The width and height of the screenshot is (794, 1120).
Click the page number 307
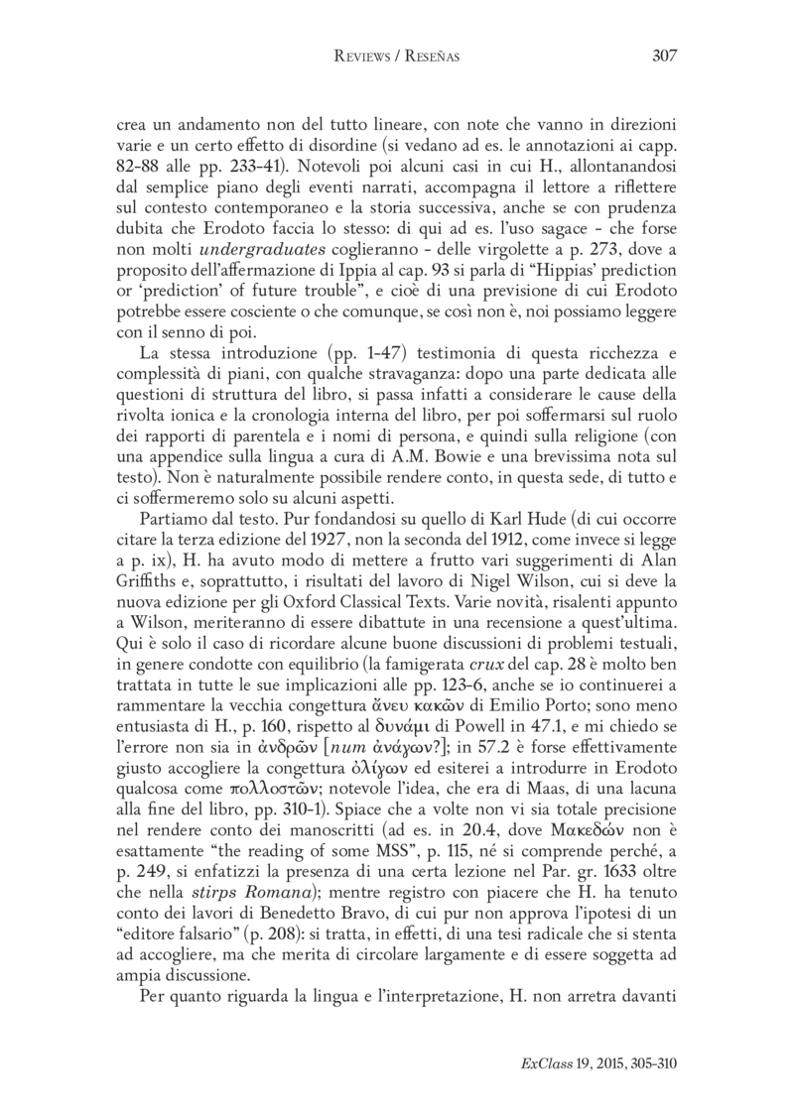[x=664, y=57]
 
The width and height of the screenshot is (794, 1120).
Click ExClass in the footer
[x=544, y=1089]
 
